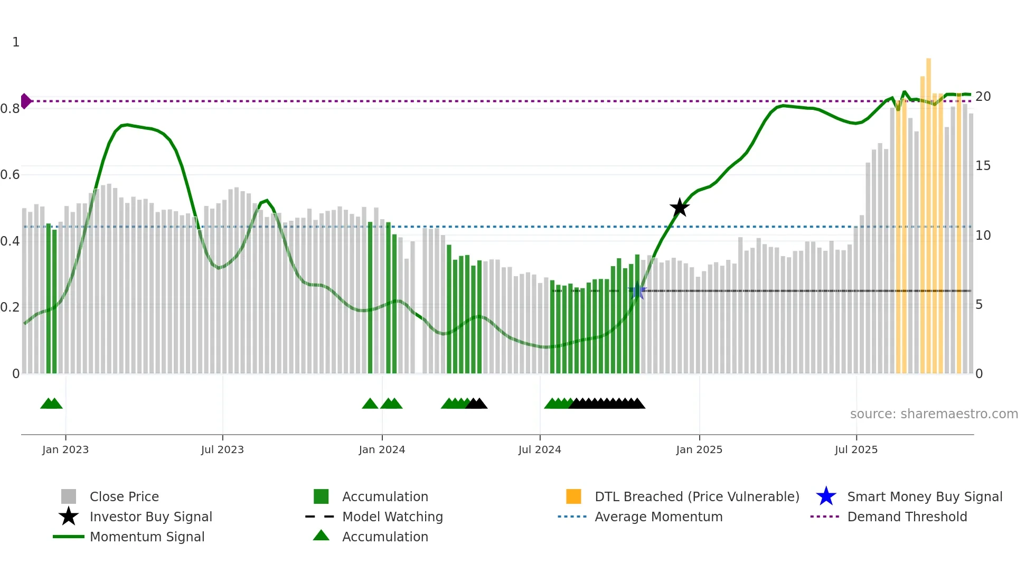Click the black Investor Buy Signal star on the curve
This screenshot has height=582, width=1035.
point(680,208)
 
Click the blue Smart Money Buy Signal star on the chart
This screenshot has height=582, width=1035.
point(637,291)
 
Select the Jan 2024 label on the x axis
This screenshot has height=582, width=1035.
point(382,449)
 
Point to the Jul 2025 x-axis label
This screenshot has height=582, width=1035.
point(856,449)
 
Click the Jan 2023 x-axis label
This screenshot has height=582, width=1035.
point(65,449)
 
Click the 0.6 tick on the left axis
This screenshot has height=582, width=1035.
point(10,175)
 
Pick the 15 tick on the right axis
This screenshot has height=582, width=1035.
point(983,166)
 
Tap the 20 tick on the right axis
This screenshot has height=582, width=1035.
point(983,97)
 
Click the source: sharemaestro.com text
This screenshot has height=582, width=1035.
point(934,414)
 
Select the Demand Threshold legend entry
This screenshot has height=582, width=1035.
point(907,517)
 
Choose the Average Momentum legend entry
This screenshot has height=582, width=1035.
point(658,517)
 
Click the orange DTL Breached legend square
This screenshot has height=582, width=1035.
point(573,496)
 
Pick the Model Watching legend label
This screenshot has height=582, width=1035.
point(392,517)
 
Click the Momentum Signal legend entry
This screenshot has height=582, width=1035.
point(147,537)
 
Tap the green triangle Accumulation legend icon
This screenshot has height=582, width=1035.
point(321,536)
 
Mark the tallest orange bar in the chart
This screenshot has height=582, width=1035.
point(928,211)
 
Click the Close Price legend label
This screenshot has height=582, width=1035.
point(124,496)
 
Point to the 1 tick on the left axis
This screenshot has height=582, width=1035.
point(16,42)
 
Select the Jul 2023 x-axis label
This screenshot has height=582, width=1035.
point(222,449)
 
